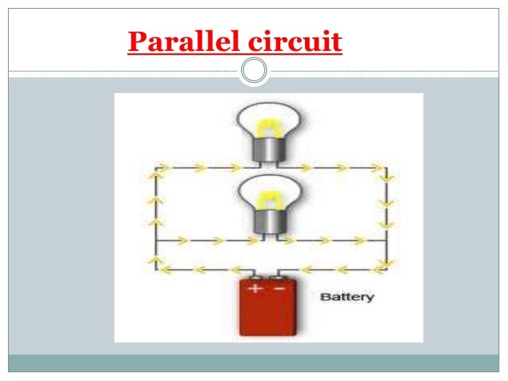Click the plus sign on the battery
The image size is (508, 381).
(254, 287)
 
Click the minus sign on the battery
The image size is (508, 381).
(279, 287)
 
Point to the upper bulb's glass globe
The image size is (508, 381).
(266, 119)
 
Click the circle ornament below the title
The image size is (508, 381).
(254, 71)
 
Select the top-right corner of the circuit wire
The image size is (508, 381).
(386, 169)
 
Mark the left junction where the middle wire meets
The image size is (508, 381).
(156, 239)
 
